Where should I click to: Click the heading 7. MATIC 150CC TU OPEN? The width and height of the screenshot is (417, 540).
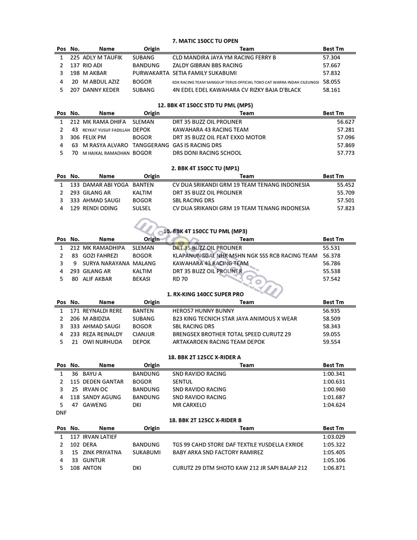click(205, 40)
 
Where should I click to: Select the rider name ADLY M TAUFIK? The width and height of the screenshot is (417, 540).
click(102, 57)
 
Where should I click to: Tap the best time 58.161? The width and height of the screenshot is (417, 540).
click(331, 90)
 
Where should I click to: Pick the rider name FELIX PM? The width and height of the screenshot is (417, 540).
click(94, 138)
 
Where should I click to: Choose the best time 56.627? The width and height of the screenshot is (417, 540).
click(346, 122)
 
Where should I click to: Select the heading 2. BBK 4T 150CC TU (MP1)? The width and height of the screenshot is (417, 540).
click(205, 168)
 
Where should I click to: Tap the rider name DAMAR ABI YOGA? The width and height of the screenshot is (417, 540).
click(106, 185)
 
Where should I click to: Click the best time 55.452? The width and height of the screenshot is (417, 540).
click(346, 185)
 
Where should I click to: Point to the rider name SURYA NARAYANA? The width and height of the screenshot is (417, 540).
click(106, 264)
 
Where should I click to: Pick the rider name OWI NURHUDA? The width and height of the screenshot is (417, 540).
click(102, 342)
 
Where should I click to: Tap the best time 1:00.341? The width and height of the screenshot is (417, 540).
click(334, 374)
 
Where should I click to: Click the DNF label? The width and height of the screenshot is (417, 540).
click(61, 413)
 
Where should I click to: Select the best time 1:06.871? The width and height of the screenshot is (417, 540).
click(334, 468)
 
